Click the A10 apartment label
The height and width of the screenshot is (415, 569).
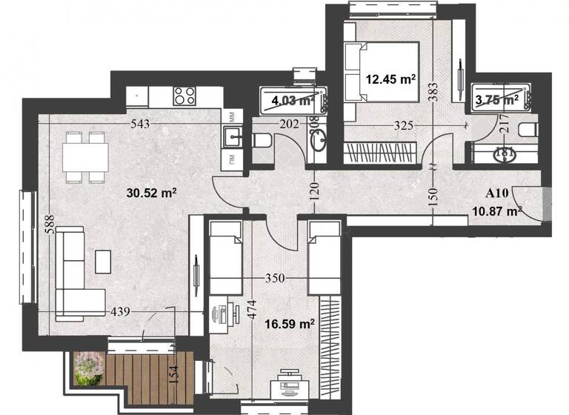point(496,193)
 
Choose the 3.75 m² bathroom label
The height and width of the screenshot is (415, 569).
point(497,98)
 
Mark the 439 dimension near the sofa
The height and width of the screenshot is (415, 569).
point(119,312)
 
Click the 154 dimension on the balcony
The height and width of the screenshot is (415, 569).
point(174,374)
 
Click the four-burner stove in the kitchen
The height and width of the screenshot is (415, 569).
point(184,95)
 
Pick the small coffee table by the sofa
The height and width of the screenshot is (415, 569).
point(104,259)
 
